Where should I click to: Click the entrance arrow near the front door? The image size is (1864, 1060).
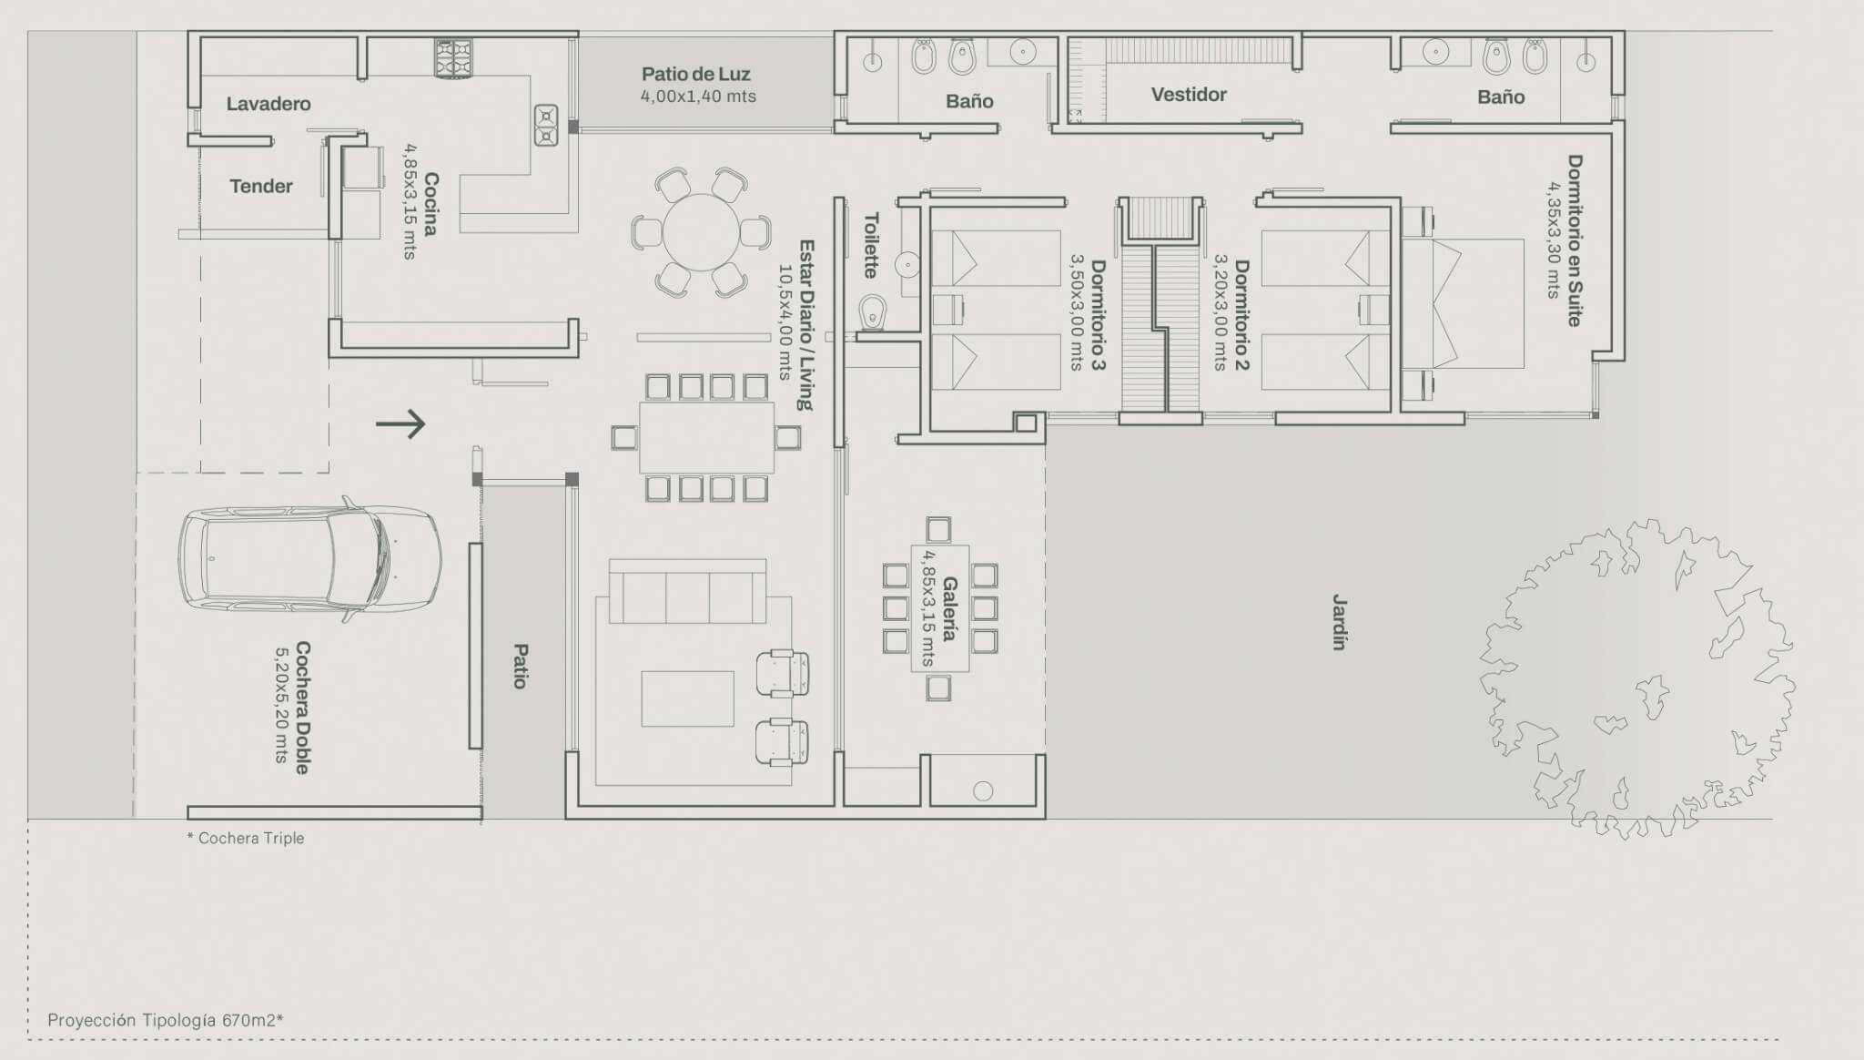point(400,423)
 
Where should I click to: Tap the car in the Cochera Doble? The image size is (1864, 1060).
point(309,559)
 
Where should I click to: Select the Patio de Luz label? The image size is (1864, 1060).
point(696,74)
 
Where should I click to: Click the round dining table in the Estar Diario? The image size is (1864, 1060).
point(701,232)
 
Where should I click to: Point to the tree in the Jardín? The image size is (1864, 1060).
point(1637,678)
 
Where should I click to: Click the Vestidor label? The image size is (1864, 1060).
point(1189,95)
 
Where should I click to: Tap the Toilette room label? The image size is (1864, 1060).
point(871,245)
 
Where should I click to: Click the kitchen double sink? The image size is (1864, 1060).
point(546,125)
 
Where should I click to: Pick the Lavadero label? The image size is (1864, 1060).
point(268,104)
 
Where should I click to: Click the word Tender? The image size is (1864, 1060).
point(261,187)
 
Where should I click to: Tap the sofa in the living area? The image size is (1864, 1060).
point(687,591)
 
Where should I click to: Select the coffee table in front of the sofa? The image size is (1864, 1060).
point(687,698)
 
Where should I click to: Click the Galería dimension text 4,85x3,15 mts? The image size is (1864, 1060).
point(928,608)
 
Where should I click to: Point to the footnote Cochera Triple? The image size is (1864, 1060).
point(246,838)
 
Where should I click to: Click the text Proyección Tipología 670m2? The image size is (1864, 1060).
point(166,1020)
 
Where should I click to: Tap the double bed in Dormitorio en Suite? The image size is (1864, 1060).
point(1463,303)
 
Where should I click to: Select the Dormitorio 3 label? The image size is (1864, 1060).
point(1099,314)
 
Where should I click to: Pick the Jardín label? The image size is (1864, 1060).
point(1339,622)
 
